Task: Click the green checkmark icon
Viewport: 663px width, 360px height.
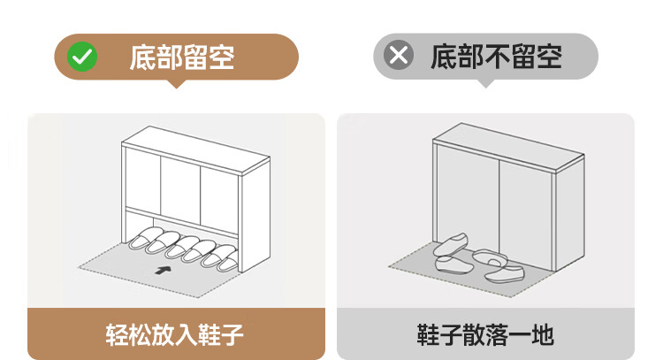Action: coord(82,57)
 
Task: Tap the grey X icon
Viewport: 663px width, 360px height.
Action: coord(399,55)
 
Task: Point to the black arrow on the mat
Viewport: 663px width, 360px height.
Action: coord(164,270)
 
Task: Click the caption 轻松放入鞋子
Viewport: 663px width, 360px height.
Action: coord(175,335)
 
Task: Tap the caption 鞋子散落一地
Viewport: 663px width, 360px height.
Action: coord(485,335)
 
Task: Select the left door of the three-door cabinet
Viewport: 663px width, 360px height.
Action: coord(143,180)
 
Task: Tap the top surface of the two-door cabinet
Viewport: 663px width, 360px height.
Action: coord(508,146)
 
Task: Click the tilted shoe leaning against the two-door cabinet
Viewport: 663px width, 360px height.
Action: coord(451,244)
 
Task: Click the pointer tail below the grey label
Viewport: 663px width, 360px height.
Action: coord(486,83)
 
